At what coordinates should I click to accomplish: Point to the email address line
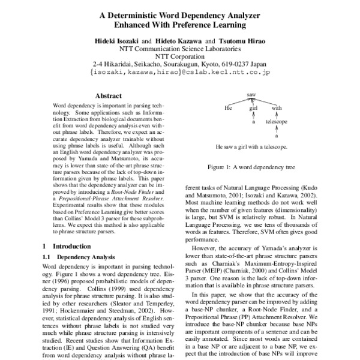click(179, 71)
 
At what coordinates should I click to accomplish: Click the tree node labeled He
click(227, 109)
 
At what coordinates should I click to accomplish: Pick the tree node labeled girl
click(253, 109)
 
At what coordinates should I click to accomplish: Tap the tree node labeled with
click(277, 109)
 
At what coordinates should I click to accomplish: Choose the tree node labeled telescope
click(277, 122)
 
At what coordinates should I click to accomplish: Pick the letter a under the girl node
click(253, 122)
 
